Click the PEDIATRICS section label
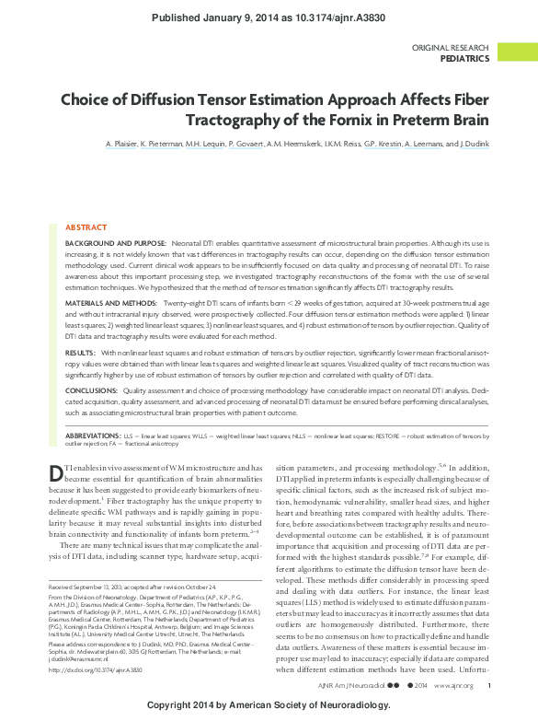click(464, 58)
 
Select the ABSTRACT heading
click(86, 227)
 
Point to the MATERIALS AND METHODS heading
click(113, 303)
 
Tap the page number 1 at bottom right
click(489, 685)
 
